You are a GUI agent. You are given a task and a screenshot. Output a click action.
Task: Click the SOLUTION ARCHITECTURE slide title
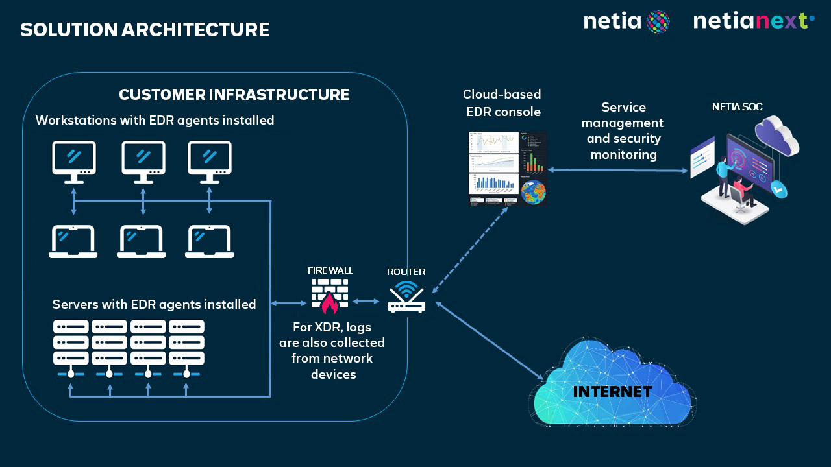tap(145, 30)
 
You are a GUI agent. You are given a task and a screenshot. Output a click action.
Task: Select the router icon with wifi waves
tap(406, 298)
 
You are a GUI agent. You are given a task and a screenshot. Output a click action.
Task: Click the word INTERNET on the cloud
tap(612, 391)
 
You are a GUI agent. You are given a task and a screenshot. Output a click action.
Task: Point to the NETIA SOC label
tap(737, 107)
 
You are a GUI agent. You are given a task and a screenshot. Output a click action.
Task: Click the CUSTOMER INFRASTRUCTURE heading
tap(234, 95)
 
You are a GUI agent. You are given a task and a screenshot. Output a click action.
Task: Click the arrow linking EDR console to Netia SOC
tap(617, 170)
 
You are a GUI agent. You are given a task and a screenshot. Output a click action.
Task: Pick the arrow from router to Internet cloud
tap(490, 341)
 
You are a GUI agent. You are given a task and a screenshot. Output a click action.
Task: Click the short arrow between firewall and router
tap(366, 302)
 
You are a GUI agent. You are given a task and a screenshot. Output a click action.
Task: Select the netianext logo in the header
tap(754, 21)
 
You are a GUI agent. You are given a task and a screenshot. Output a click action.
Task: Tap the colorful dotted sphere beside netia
tap(658, 22)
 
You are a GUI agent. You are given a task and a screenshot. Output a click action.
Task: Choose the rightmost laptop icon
tap(209, 241)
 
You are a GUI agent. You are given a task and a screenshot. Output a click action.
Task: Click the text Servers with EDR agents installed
tap(154, 304)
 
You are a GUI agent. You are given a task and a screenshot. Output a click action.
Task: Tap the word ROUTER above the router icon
tap(406, 272)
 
